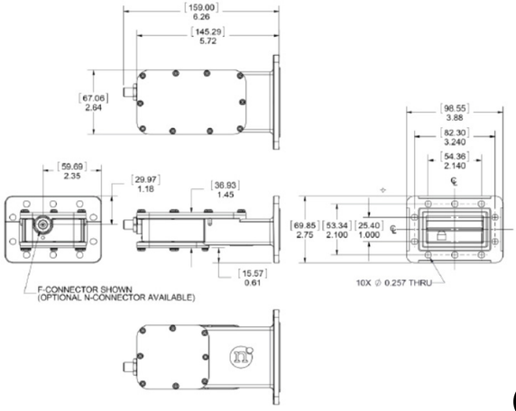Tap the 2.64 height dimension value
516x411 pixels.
tap(93, 106)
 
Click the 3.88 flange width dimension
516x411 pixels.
tap(454, 117)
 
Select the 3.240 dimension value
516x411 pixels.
tap(454, 142)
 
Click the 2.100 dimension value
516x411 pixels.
tap(336, 233)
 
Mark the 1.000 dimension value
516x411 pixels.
tap(368, 233)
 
